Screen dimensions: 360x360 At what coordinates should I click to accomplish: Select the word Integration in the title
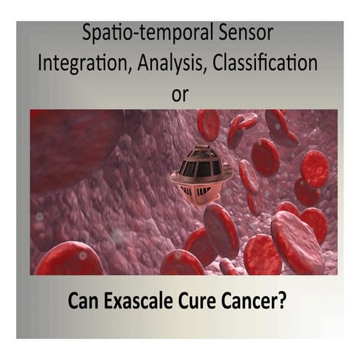[79, 64]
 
